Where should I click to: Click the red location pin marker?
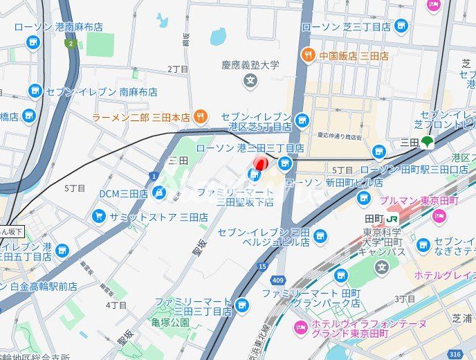click(259, 164)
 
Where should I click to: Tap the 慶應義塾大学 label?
click(250, 65)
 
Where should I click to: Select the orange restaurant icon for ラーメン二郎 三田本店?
click(199, 117)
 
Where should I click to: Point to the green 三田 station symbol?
click(428, 142)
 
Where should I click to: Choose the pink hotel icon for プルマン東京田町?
click(438, 216)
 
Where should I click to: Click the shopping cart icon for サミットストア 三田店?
click(99, 217)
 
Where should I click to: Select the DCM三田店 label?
click(123, 192)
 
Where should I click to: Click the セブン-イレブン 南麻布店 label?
click(101, 91)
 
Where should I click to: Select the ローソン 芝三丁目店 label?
click(346, 27)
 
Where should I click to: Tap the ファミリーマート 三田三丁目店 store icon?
click(241, 304)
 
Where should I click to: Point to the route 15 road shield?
click(261, 265)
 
